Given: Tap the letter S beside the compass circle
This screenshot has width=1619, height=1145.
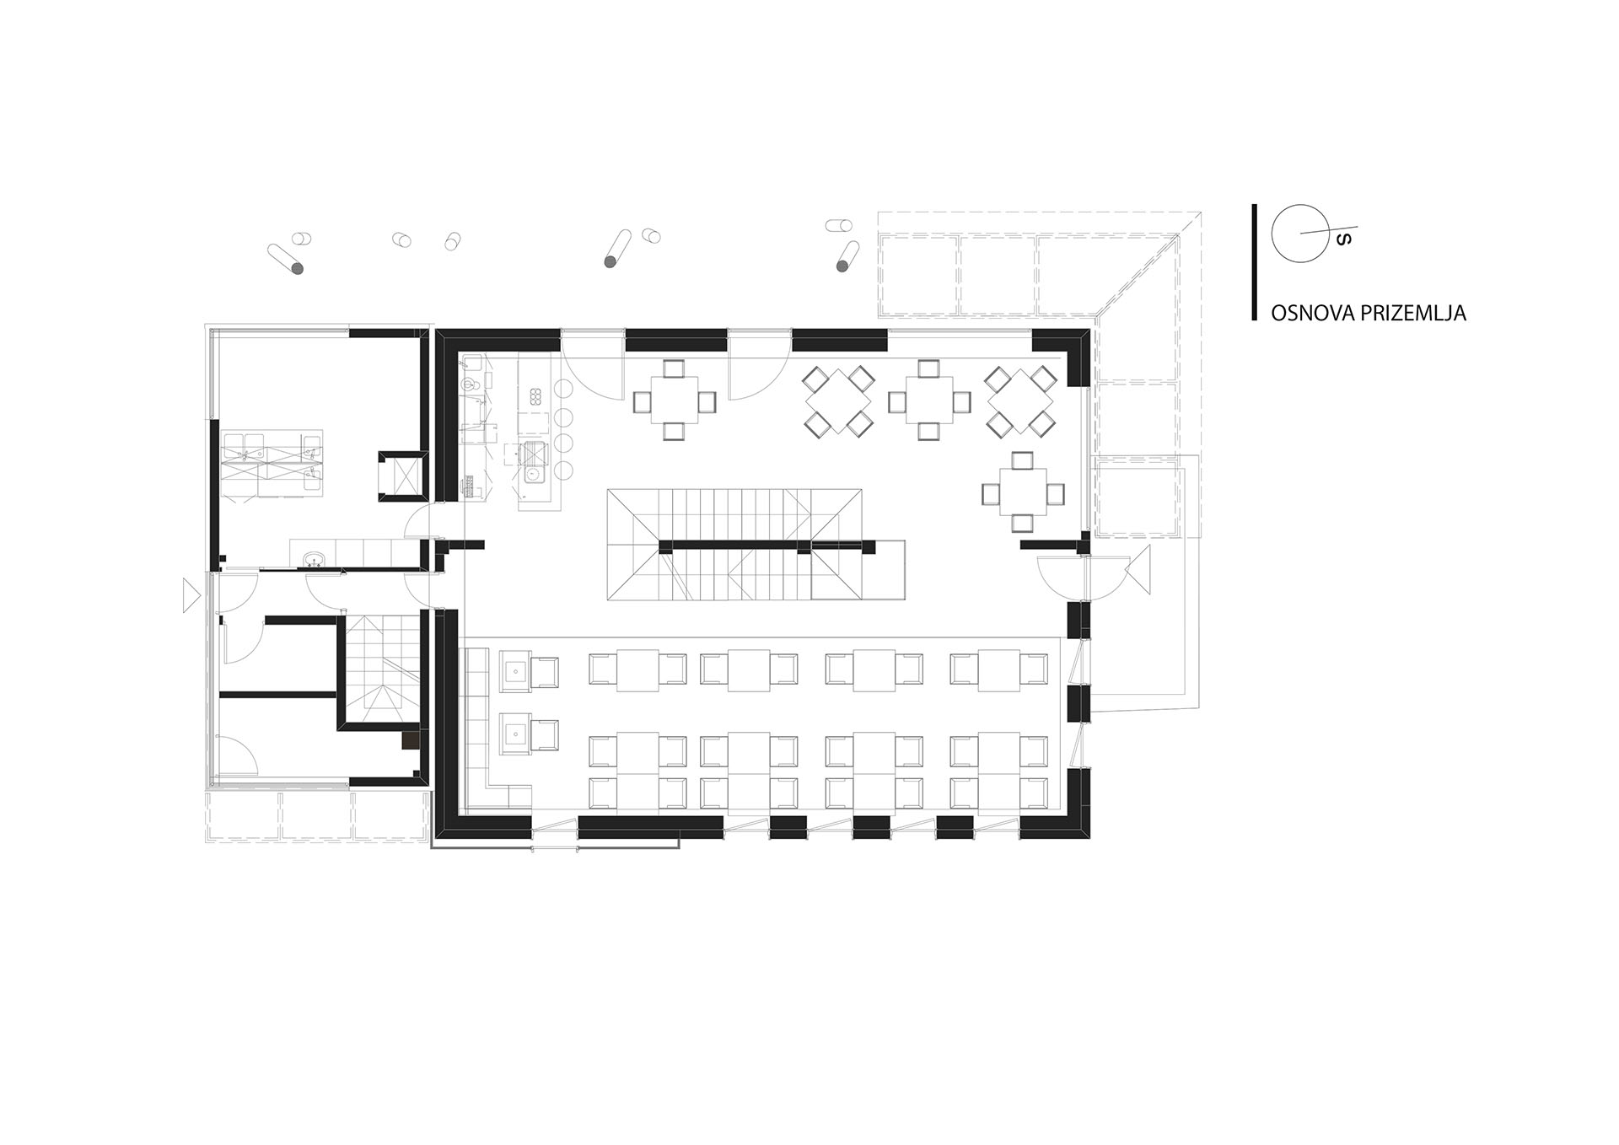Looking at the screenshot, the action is coord(1345,239).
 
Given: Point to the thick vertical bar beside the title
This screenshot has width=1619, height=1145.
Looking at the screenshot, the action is coord(1254,262).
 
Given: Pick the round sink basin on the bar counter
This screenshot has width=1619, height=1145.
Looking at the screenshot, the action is coord(534,476).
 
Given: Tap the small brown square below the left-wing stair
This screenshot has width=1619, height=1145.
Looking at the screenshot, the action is coord(411,740).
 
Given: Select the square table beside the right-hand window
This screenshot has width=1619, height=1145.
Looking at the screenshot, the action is coord(1023,492).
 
